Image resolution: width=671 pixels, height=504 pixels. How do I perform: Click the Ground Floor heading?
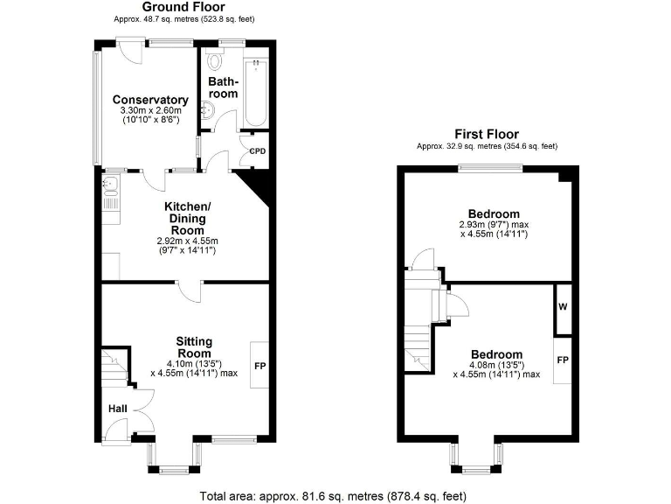tap(184, 6)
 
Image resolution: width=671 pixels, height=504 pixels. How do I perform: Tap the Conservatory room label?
tap(150, 100)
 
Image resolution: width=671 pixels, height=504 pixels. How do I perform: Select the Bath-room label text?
tap(222, 87)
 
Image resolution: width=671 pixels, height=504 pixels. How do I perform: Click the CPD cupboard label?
tap(257, 151)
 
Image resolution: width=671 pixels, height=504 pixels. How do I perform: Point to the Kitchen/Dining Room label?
tap(187, 218)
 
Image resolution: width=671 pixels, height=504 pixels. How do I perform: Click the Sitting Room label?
tap(194, 347)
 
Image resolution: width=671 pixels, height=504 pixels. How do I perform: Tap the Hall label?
tap(117, 409)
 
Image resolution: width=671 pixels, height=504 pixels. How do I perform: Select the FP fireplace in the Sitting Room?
tap(259, 365)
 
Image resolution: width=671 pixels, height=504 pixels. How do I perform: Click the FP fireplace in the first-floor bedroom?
tap(563, 360)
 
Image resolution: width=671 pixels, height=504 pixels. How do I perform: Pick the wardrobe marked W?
tap(563, 308)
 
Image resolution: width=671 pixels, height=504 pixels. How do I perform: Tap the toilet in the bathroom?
tap(216, 60)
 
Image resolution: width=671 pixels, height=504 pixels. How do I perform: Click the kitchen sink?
tap(111, 184)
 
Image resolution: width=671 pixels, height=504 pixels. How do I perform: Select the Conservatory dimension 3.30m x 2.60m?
tap(150, 111)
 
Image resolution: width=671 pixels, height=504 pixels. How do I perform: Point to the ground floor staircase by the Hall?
tap(114, 365)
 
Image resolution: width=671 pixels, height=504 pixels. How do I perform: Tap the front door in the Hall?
tap(116, 430)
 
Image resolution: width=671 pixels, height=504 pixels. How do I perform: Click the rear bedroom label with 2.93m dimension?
tap(494, 213)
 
